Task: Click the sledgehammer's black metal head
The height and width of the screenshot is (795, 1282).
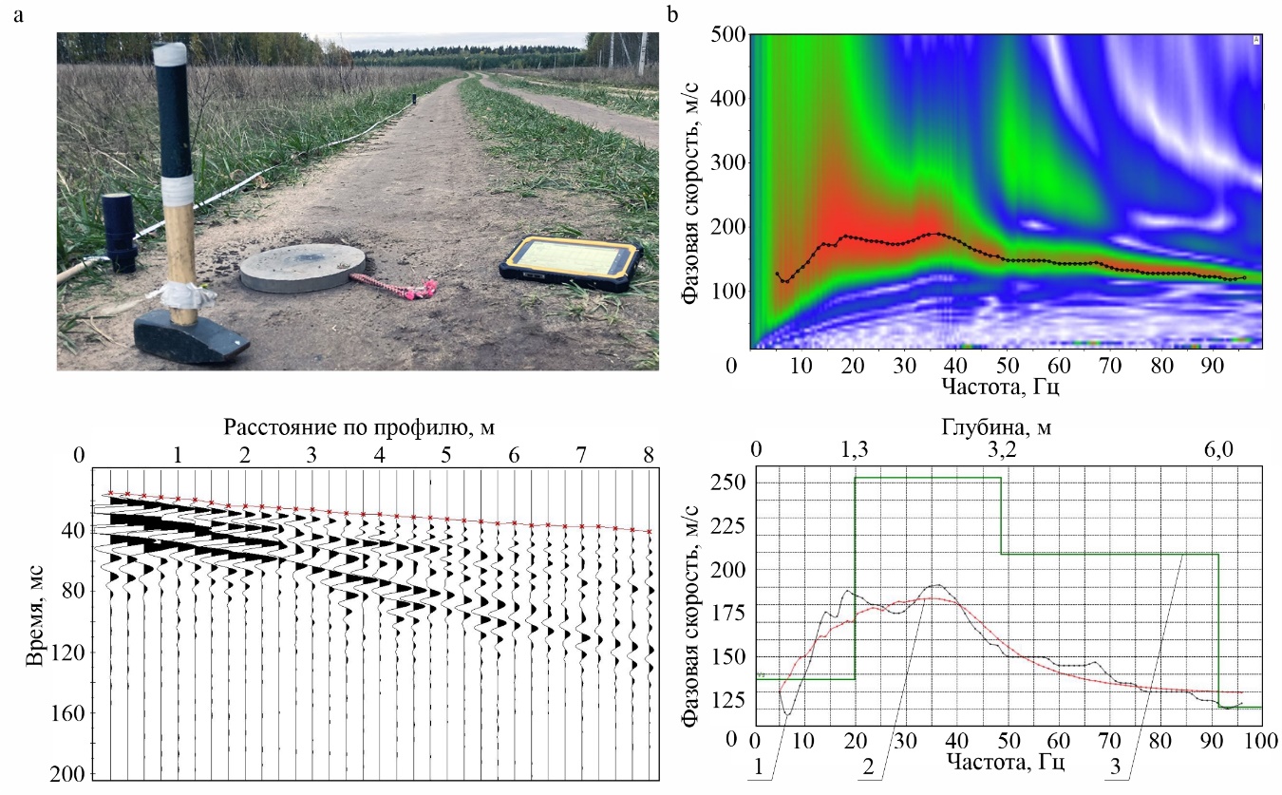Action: coord(190,337)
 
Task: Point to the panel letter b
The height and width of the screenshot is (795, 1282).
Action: coord(673,14)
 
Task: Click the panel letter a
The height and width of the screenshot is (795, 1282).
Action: coord(18,14)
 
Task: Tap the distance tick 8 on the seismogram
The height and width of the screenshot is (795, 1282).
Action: coord(649,456)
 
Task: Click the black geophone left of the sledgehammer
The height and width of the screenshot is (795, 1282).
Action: coord(120,231)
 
